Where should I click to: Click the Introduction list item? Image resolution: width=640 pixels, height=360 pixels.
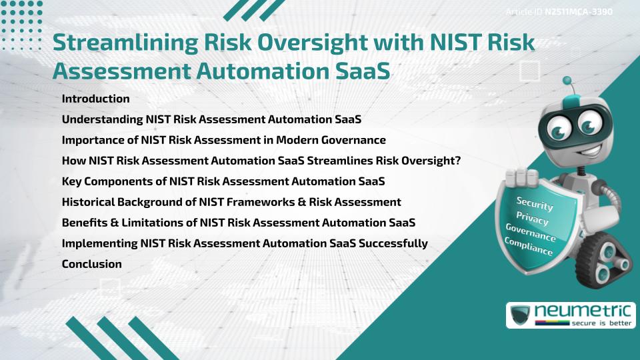(95, 99)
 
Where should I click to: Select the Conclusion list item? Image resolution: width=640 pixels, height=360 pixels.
(91, 264)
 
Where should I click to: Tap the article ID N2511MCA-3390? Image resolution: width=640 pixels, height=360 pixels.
(577, 11)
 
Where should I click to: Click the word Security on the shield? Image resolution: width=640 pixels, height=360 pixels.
(535, 204)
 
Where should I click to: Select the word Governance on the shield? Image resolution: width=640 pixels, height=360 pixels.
(531, 232)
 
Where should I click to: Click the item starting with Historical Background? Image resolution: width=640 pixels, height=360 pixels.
(231, 202)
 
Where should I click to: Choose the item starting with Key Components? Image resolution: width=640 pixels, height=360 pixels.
(223, 181)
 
